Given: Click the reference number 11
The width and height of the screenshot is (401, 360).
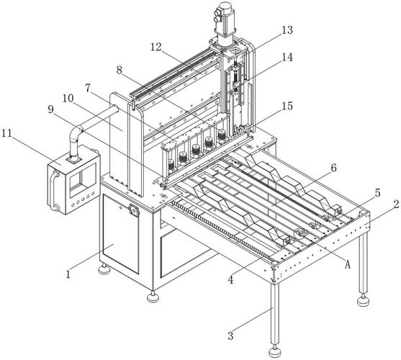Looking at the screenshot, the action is click(7, 133).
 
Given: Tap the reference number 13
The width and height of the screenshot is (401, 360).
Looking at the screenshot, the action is click(287, 30).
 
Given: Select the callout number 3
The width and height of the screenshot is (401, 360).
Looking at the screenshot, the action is click(230, 336).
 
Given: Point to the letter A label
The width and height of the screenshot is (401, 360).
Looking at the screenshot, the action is click(347, 264).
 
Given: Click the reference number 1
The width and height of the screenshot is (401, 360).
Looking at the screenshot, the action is click(68, 274).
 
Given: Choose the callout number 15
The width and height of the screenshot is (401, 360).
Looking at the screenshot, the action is click(287, 106).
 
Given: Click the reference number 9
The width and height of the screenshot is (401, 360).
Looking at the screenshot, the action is click(51, 109).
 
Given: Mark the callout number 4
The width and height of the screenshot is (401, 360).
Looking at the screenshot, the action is click(230, 280).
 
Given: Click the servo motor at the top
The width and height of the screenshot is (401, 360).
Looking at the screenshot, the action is click(225, 19).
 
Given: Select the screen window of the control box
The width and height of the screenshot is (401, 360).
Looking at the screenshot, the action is click(83, 181).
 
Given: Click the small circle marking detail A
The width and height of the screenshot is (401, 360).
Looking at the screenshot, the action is click(299, 234).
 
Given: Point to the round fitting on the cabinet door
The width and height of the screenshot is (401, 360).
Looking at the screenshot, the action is click(133, 210).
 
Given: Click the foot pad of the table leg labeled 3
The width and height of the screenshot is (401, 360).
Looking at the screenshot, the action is click(275, 352).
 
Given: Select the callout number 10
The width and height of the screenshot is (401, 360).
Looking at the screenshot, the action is click(68, 98).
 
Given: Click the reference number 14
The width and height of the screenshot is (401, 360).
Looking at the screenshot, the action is click(287, 57).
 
